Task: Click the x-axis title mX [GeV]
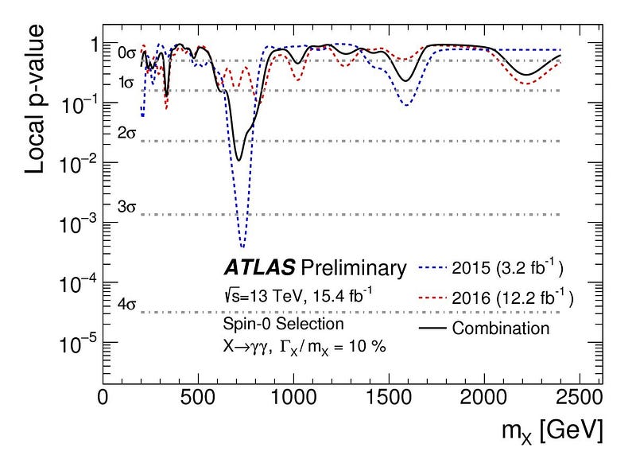[x=547, y=430]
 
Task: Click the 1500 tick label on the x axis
[x=390, y=398]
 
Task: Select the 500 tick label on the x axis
[x=198, y=398]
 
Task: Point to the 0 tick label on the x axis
[x=103, y=398]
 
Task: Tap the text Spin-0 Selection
[x=271, y=324]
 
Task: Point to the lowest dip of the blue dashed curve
[x=242, y=246]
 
